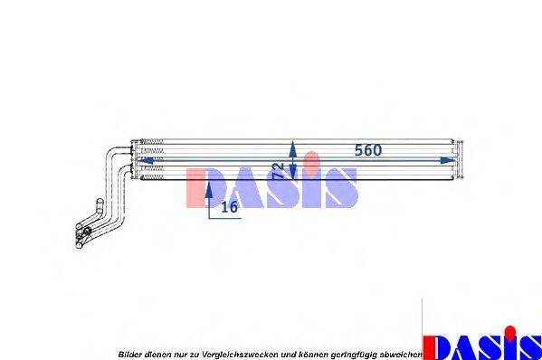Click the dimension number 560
(367, 150)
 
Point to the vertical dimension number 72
(279, 169)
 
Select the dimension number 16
(229, 207)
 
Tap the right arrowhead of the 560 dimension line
(445, 160)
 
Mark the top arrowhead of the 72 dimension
(291, 145)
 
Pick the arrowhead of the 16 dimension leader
(209, 188)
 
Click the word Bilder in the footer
(129, 354)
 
